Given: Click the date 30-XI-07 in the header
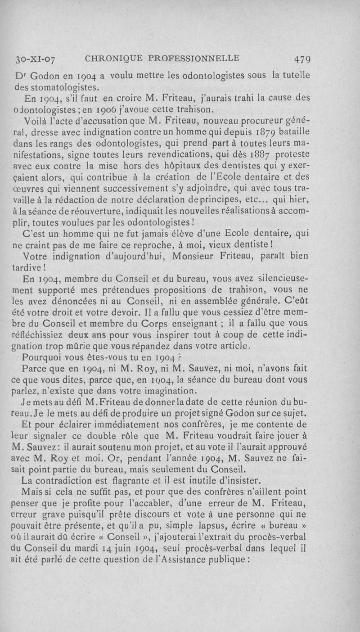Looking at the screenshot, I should (x=38, y=59).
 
